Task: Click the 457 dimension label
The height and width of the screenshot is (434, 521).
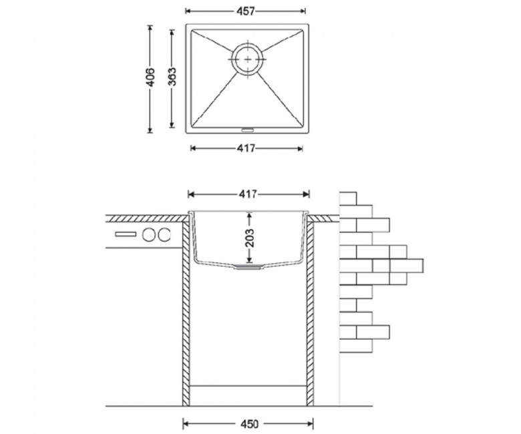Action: point(245,11)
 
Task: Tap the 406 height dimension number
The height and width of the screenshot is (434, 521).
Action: point(150,77)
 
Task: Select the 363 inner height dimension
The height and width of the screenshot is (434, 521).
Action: point(172,77)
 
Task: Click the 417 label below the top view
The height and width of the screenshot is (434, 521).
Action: point(246,148)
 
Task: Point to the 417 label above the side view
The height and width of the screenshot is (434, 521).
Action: point(248,194)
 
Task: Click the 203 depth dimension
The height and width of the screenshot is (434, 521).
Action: point(249,238)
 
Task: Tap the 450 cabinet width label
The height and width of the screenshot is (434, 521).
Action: point(249,424)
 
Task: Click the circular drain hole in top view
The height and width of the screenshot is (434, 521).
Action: point(248,59)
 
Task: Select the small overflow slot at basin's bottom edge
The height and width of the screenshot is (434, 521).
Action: point(246,129)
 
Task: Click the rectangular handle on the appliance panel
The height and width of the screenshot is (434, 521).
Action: point(126,234)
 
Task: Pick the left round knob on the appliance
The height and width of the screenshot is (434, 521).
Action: point(149,235)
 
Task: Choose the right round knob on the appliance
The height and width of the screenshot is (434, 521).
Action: point(164,235)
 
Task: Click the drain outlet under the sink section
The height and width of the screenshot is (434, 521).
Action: point(246,266)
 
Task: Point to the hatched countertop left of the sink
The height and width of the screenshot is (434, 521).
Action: point(146,218)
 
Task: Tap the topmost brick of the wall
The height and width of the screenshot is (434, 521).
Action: point(348,198)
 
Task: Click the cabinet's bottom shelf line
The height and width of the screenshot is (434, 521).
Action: point(248,386)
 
